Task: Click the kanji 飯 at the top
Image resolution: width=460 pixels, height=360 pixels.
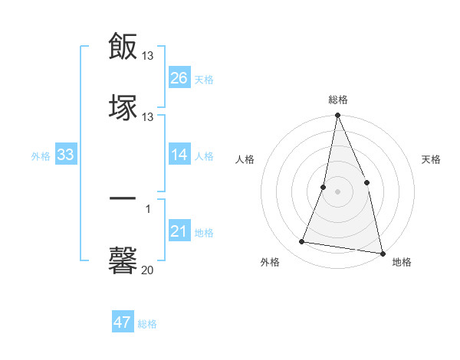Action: click(123, 46)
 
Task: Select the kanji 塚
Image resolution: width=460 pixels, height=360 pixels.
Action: click(123, 106)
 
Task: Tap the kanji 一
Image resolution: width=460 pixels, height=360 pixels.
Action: click(123, 199)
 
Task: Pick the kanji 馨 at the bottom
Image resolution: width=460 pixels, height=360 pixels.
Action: click(123, 259)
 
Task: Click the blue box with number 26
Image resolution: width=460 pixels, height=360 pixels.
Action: click(179, 78)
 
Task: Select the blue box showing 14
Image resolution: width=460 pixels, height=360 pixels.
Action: click(179, 155)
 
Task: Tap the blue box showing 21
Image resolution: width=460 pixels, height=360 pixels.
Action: click(179, 232)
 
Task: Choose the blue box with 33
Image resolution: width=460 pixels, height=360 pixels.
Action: click(66, 155)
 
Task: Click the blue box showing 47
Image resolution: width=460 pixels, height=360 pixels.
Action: click(123, 322)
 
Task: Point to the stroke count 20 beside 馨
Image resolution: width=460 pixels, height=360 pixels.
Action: click(148, 270)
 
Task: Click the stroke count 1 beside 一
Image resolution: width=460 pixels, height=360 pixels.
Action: click(148, 209)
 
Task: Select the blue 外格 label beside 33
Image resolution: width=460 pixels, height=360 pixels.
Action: click(41, 156)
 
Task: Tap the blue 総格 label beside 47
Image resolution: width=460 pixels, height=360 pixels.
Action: click(147, 324)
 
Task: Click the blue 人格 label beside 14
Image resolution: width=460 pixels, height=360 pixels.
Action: click(204, 156)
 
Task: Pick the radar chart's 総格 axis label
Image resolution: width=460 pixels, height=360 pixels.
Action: click(337, 100)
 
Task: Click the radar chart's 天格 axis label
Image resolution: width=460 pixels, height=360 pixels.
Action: click(432, 160)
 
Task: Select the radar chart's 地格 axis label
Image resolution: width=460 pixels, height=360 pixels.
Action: click(402, 263)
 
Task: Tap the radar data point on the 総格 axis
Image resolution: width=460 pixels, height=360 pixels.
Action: click(337, 116)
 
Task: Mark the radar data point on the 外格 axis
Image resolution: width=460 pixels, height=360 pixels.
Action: click(302, 242)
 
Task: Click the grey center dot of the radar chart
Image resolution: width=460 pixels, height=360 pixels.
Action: click(337, 191)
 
